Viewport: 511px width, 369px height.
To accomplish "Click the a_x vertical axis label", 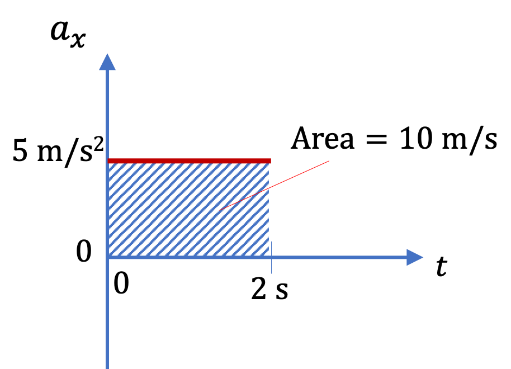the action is [x=68, y=35].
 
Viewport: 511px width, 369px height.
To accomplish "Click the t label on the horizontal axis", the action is [x=442, y=266].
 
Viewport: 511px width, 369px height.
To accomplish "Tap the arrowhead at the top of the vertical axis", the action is [x=107, y=61].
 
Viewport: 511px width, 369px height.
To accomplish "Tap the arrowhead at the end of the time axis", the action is [x=415, y=257].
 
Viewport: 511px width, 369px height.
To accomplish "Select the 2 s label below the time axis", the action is [x=270, y=289].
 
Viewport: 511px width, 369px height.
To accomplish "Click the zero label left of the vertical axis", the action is [x=84, y=252].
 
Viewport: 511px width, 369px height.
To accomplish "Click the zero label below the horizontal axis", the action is [x=121, y=283].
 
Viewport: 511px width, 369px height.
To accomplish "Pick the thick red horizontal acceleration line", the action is [x=190, y=160].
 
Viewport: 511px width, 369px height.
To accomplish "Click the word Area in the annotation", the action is [x=322, y=139].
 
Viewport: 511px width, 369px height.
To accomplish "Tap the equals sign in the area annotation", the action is [x=377, y=140].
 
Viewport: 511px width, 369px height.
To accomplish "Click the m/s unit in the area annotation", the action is [x=469, y=139].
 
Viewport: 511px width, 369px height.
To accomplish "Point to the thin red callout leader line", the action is [x=274, y=186].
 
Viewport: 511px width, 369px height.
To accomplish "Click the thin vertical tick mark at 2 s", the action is [x=271, y=258].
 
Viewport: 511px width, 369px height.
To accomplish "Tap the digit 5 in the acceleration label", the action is [x=20, y=150].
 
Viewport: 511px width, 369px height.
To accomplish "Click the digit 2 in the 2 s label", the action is [x=258, y=288].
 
